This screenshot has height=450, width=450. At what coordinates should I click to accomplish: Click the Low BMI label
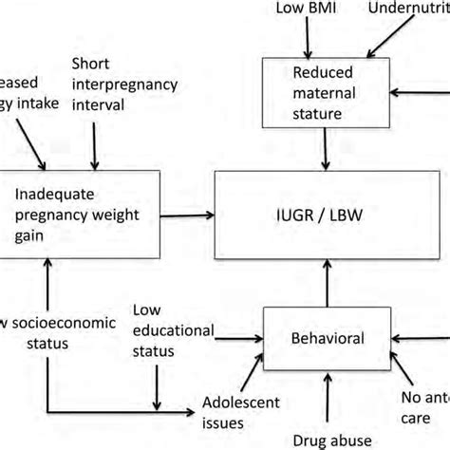pyautogui.click(x=307, y=9)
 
